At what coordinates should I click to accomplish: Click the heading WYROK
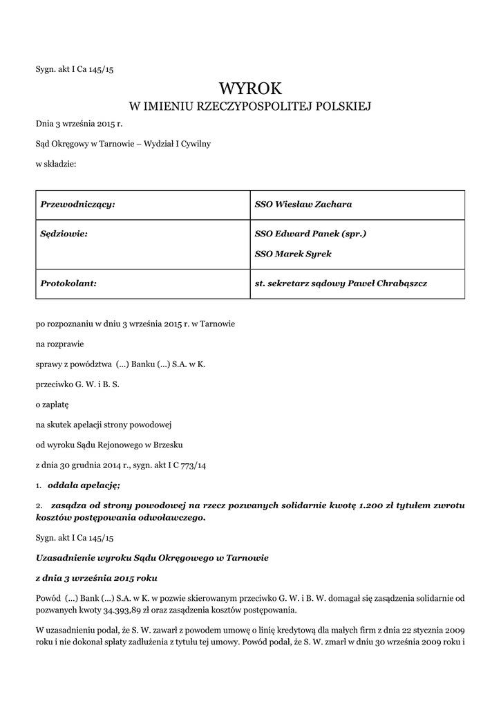point(250,87)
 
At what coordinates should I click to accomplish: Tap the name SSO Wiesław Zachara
point(303,205)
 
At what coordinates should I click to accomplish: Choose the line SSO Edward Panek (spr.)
point(310,234)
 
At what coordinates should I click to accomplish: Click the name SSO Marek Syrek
point(293,254)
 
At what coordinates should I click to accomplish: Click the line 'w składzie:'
point(56,164)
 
